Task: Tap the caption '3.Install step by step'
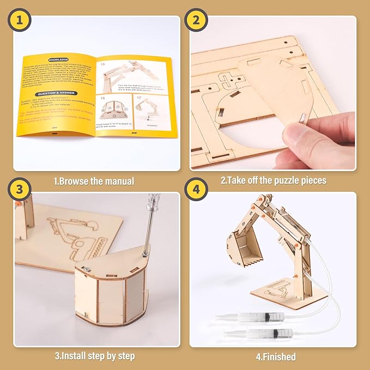pos(94,356)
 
